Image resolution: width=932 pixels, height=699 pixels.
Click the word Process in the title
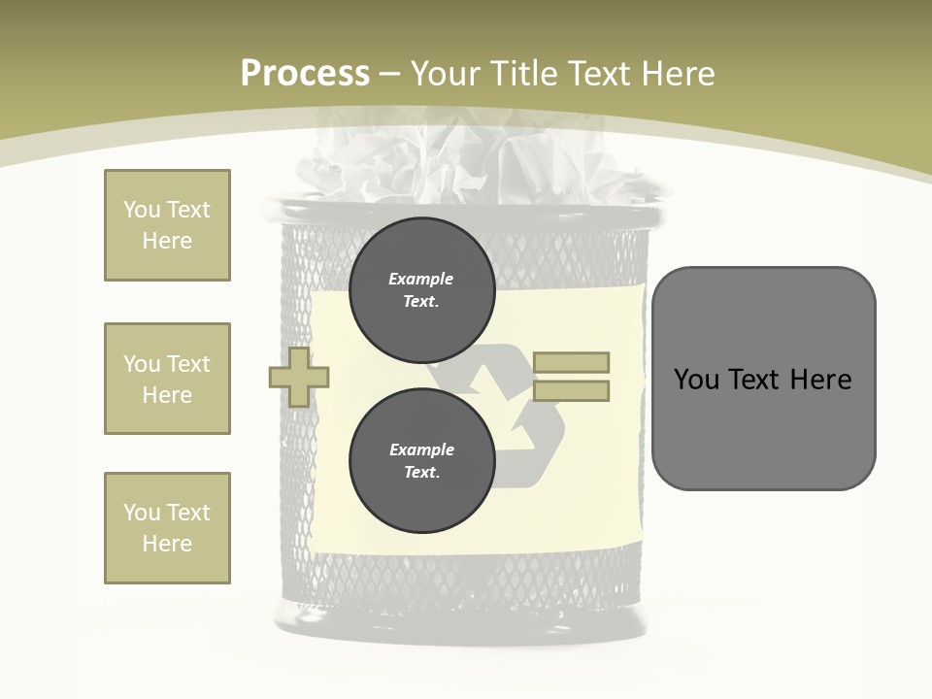[305, 74]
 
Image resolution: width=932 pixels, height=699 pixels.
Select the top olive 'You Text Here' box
[167, 225]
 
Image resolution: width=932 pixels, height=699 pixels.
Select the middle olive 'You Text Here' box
[167, 379]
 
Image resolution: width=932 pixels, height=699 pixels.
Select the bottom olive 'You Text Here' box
[167, 528]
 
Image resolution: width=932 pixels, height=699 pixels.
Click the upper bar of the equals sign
[572, 363]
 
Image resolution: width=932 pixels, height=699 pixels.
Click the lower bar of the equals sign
[572, 391]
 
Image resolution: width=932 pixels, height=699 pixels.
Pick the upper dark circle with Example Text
[421, 290]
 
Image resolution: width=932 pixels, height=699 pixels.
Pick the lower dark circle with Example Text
[421, 461]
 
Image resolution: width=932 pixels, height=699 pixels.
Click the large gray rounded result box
[763, 427]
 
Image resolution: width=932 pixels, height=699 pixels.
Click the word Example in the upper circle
[421, 280]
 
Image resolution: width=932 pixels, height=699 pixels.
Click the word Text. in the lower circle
[421, 473]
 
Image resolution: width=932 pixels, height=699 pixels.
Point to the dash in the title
[390, 74]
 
